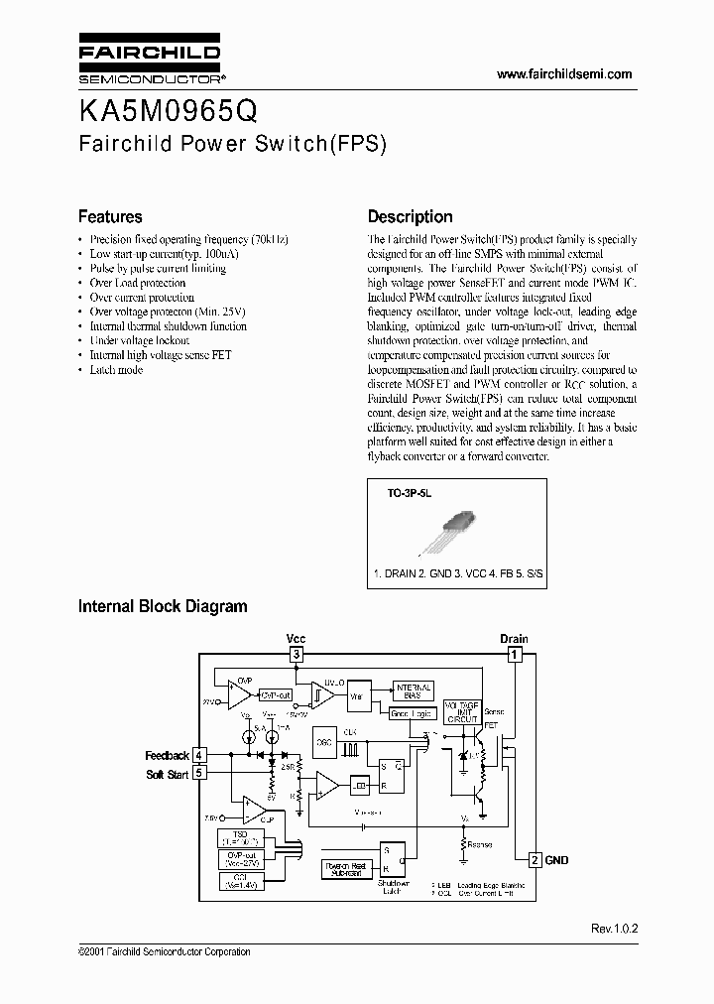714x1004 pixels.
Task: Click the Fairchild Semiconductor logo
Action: coord(150,62)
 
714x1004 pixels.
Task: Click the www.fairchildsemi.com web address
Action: coord(563,75)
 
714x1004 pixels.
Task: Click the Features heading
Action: coord(110,216)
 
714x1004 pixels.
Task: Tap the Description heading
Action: coord(410,216)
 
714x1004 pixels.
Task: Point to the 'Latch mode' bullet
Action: coord(116,369)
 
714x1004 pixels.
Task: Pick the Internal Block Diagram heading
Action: coord(163,606)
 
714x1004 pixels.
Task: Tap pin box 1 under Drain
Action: coord(514,655)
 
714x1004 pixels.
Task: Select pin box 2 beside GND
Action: coord(535,859)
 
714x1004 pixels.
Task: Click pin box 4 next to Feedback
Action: coord(199,756)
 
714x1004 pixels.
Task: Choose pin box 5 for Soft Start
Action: coord(199,773)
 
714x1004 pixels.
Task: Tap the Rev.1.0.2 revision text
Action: coord(614,929)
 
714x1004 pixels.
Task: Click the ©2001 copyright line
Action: coord(164,951)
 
